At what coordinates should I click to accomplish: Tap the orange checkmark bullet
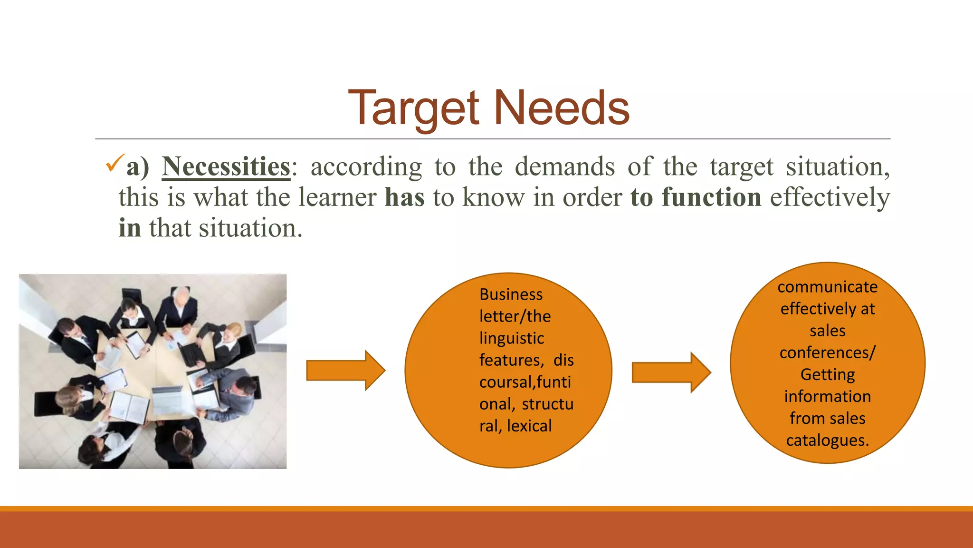pos(115,163)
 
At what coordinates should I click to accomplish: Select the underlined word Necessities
pos(226,167)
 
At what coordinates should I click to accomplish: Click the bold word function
pos(711,197)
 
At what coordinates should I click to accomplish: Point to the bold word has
pos(404,197)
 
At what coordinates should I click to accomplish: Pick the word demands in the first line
pos(564,167)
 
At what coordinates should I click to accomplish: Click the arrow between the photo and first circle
pos(345,370)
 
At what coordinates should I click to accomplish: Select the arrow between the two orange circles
pos(671,372)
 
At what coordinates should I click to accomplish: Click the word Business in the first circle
pos(511,294)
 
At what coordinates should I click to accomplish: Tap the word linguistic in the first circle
pos(512,338)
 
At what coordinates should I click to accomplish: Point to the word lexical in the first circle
pos(529,426)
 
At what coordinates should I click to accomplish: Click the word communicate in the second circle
pos(827,287)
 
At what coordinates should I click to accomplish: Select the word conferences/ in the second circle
pos(827,352)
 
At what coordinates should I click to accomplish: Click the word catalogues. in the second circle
pos(827,440)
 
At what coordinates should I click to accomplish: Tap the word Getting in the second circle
pos(827,374)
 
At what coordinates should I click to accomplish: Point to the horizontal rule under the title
pos(492,139)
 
